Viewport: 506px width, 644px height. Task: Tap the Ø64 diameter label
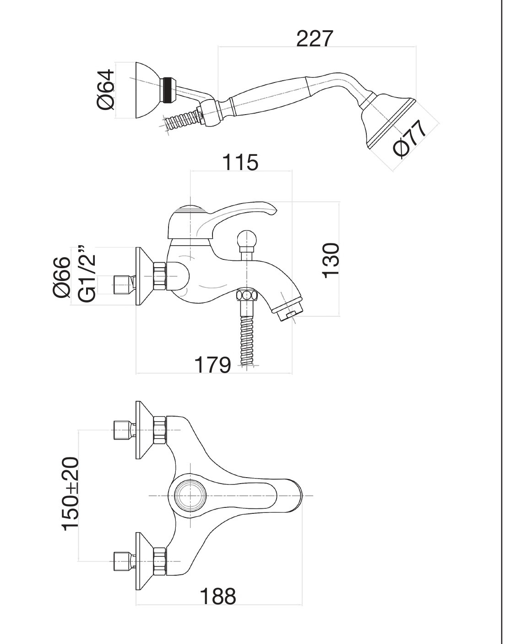(x=106, y=90)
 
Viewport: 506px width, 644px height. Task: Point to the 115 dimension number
(x=240, y=162)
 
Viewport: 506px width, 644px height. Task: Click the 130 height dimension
(x=331, y=260)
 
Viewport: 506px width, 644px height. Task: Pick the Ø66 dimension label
(x=62, y=277)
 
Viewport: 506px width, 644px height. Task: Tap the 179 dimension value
(x=212, y=365)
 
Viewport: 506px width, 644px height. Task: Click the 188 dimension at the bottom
(x=218, y=596)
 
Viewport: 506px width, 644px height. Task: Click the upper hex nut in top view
(x=160, y=430)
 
